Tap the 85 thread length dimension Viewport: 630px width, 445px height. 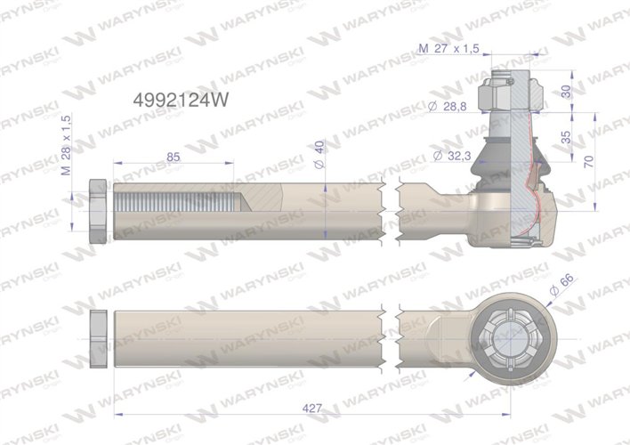coord(174,158)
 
